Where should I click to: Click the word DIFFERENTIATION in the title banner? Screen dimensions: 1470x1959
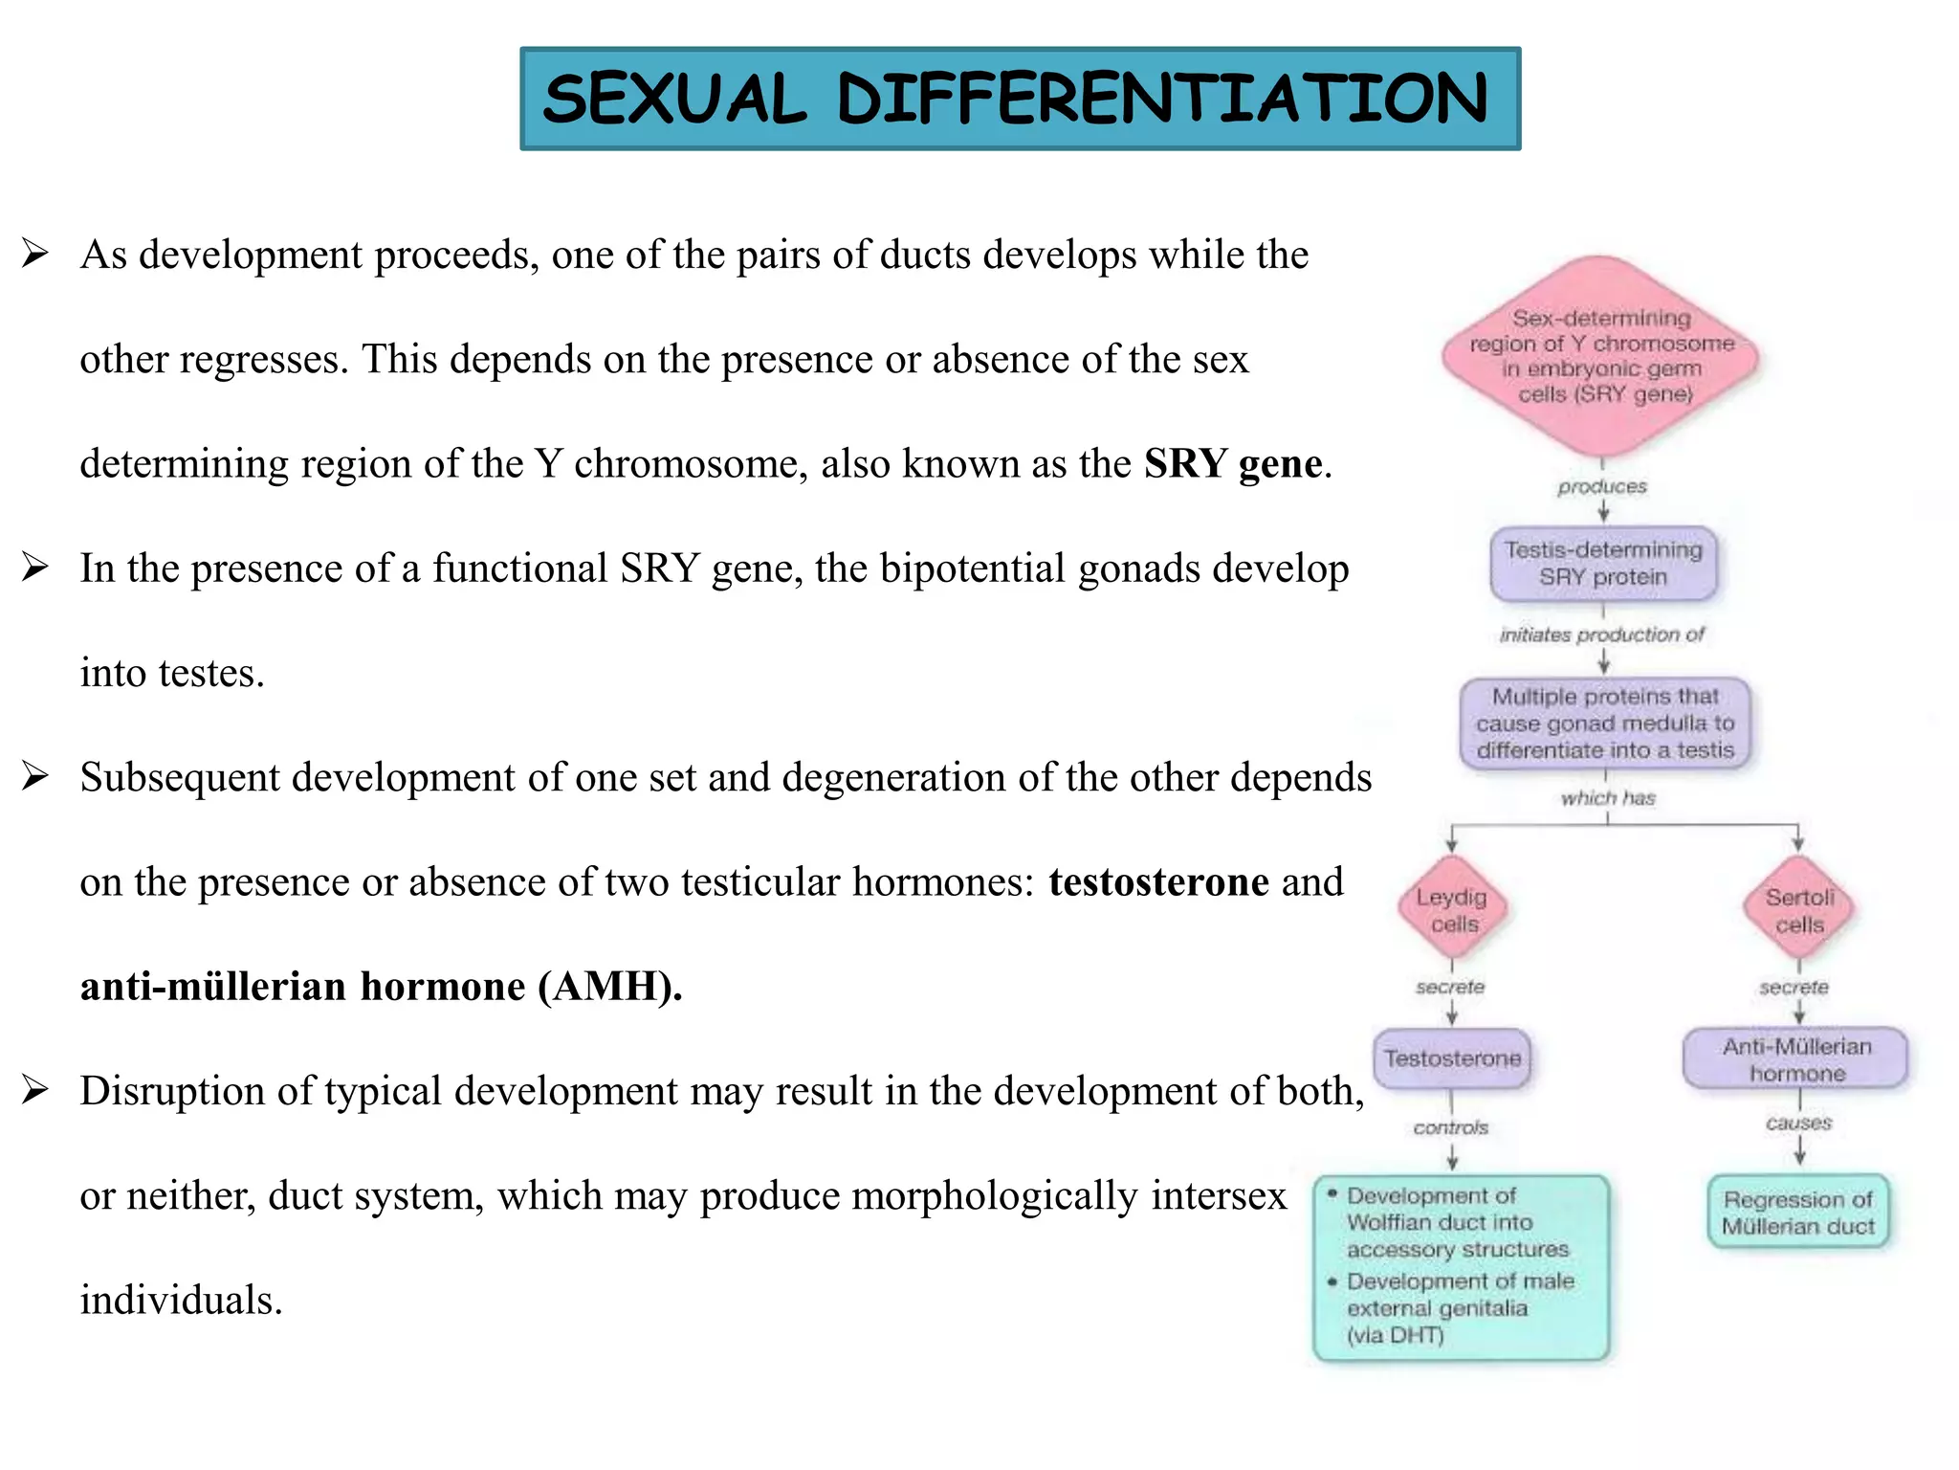pyautogui.click(x=1162, y=99)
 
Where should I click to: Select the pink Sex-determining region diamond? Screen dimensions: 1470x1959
pyautogui.click(x=1601, y=356)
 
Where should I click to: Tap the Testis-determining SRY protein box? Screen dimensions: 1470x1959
pyautogui.click(x=1603, y=564)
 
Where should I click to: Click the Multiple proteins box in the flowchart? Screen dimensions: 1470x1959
pyautogui.click(x=1605, y=724)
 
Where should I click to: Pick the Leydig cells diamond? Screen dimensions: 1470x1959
pyautogui.click(x=1452, y=909)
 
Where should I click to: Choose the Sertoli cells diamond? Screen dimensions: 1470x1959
pyautogui.click(x=1798, y=910)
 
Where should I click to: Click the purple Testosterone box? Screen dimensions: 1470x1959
pyautogui.click(x=1452, y=1058)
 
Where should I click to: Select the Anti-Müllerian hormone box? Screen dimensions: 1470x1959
pyautogui.click(x=1796, y=1059)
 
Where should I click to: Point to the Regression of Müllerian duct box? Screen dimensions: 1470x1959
pyautogui.click(x=1798, y=1213)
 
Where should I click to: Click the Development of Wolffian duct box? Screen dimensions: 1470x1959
pyautogui.click(x=1461, y=1266)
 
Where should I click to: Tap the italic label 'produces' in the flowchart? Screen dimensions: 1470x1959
pyautogui.click(x=1602, y=487)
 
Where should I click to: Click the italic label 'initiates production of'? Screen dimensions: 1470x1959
pyautogui.click(x=1602, y=635)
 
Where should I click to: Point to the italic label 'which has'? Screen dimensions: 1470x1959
pyautogui.click(x=1608, y=798)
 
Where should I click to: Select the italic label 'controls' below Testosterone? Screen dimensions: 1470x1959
pyautogui.click(x=1451, y=1128)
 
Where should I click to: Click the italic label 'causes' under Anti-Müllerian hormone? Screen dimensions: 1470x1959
pyautogui.click(x=1798, y=1124)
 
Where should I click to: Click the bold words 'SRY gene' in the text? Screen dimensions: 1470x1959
pyautogui.click(x=1233, y=464)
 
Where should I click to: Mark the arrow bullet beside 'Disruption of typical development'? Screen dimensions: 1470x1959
pyautogui.click(x=35, y=1090)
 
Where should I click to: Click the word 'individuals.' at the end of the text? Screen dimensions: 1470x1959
pyautogui.click(x=181, y=1301)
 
